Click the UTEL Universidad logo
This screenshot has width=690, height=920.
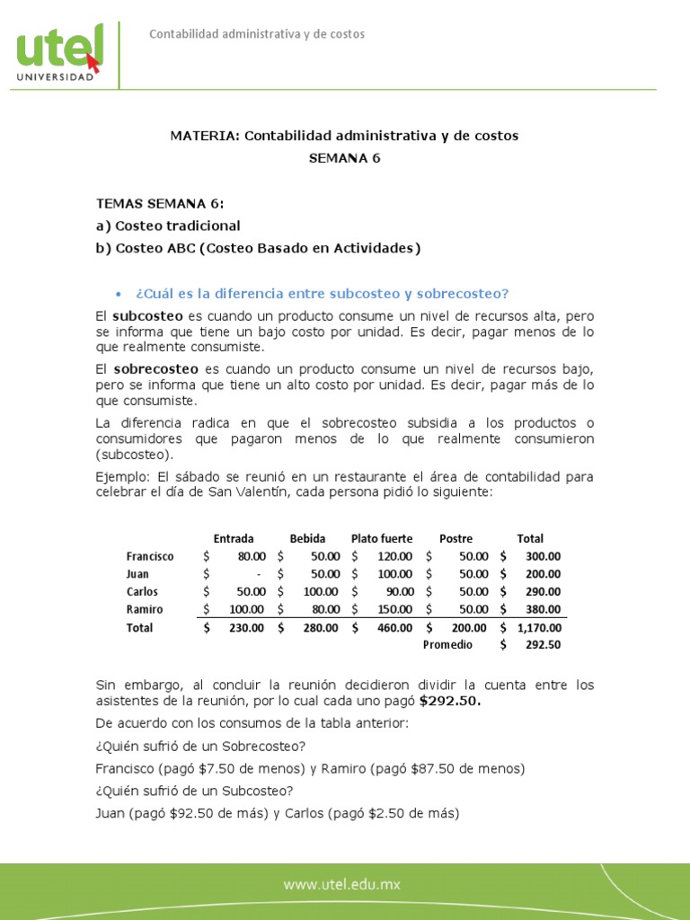click(59, 53)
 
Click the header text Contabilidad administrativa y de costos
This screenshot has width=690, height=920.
click(256, 34)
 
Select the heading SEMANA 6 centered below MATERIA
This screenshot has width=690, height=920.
click(344, 158)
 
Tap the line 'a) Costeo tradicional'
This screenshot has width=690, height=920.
click(168, 226)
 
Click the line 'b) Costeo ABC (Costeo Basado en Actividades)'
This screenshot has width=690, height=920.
click(258, 249)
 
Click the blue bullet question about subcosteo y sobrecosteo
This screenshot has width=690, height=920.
click(322, 294)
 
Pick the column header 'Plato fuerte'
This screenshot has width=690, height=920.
click(382, 539)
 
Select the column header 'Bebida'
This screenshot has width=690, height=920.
click(307, 539)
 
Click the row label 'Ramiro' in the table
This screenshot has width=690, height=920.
click(143, 609)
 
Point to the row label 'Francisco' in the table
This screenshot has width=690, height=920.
click(150, 557)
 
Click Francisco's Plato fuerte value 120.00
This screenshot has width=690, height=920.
click(395, 557)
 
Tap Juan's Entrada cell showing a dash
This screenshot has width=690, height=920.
click(258, 574)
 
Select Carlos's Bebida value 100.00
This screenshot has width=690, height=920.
click(321, 592)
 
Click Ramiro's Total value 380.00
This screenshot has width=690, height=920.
click(543, 609)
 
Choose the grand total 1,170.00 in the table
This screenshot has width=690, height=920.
click(539, 628)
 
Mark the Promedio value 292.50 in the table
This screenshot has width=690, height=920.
click(543, 645)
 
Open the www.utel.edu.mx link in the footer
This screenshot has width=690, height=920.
click(341, 885)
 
